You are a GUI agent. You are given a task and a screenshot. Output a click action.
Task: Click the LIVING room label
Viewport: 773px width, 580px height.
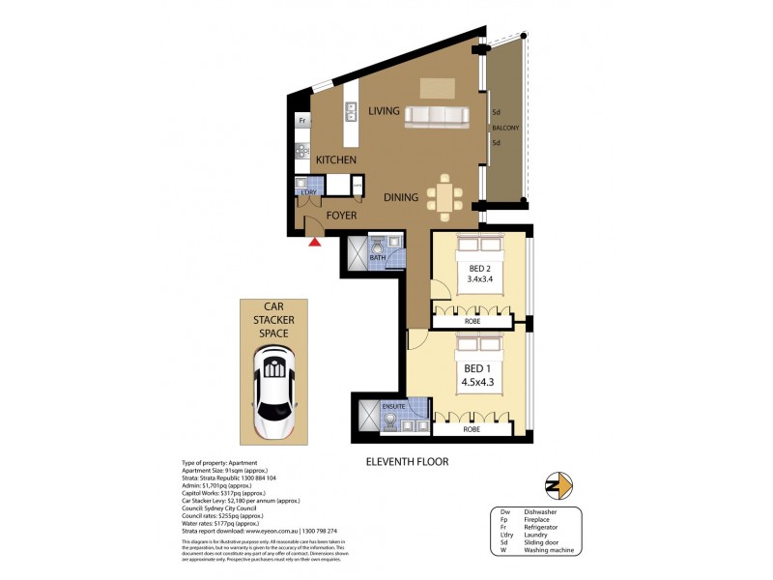point(384,111)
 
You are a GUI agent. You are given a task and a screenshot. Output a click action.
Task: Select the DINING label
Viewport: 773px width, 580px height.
point(401,197)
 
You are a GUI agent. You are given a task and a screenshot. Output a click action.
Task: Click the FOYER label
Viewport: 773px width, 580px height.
point(342,216)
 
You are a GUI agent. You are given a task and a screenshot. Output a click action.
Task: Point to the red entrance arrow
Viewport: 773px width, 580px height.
point(314,242)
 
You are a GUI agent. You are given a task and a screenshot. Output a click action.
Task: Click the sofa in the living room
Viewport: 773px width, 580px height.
point(444,116)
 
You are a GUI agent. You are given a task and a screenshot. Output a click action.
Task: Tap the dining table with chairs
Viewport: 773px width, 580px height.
point(444,197)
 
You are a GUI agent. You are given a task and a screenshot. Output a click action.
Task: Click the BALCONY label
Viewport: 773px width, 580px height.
point(505,128)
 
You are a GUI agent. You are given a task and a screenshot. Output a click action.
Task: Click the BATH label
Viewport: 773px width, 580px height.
point(377,257)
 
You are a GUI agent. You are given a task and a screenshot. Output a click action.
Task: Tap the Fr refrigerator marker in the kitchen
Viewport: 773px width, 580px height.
point(302,121)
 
